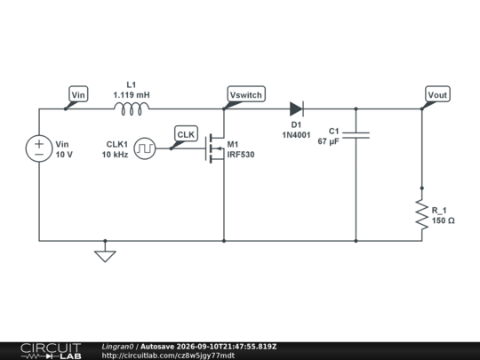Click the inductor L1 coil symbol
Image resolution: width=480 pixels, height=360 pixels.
pos(132,109)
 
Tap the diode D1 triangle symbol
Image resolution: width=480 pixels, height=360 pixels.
pos(297,109)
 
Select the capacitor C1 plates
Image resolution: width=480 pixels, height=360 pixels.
pos(356,135)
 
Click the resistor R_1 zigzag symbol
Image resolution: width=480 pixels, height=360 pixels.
pos(422,214)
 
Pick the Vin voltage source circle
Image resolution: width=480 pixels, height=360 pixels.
pos(39,148)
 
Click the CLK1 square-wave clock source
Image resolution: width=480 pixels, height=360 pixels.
pos(145,148)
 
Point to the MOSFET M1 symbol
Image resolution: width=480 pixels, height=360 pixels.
pos(215,148)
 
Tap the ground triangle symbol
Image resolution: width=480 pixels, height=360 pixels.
pos(105,256)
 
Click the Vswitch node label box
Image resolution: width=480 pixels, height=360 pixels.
pos(246,94)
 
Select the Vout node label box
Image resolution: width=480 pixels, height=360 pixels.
pos(437,94)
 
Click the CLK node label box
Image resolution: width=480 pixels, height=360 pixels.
pos(186,133)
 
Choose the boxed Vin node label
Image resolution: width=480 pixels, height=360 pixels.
pos(78,94)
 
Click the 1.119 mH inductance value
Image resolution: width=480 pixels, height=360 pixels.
pos(132,95)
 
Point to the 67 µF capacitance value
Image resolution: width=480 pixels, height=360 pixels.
pos(329,141)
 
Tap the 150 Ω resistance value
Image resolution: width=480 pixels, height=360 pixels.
pos(444,220)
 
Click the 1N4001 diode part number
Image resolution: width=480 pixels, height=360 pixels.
pos(296,135)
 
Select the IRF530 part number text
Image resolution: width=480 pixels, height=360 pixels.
pos(241,155)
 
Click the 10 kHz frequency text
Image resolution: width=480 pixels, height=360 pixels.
pos(115,155)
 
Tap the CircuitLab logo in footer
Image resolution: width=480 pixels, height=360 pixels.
pos(52,351)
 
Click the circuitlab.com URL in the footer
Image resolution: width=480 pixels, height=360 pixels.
pos(168,356)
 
